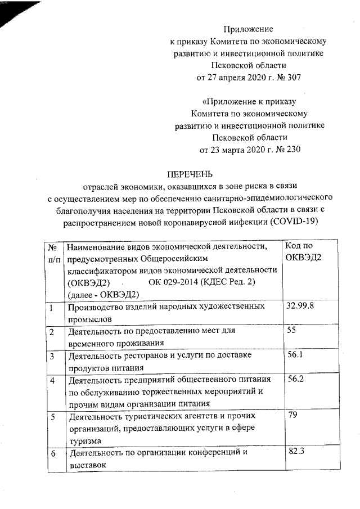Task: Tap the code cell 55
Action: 291,330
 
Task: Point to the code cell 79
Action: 291,416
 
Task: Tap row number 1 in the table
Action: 51,307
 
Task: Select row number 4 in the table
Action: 52,381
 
